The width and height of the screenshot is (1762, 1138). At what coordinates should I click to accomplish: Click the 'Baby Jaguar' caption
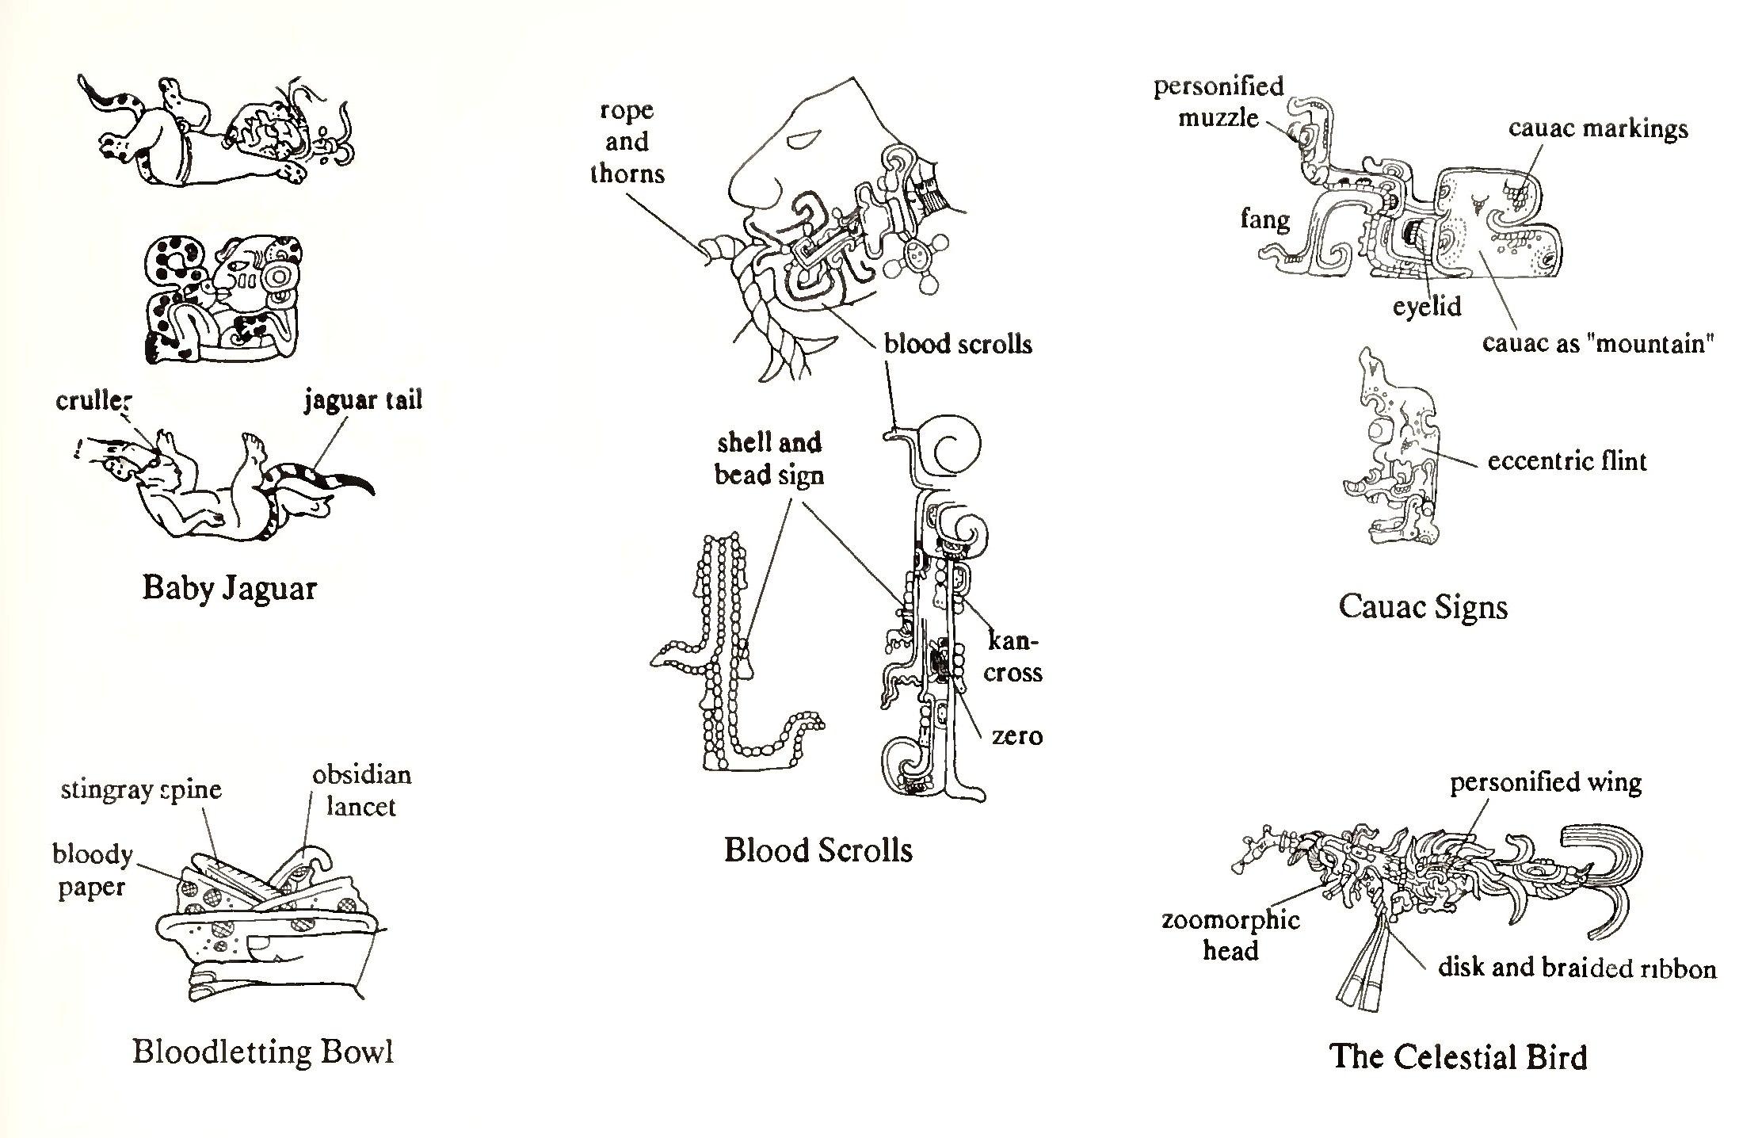pyautogui.click(x=230, y=589)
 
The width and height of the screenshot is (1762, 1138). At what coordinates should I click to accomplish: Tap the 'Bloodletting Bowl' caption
pyautogui.click(x=262, y=1052)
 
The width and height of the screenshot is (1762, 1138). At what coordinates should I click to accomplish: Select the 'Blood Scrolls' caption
pyautogui.click(x=818, y=850)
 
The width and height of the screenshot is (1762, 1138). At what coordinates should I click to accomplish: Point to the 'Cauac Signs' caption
pyautogui.click(x=1422, y=608)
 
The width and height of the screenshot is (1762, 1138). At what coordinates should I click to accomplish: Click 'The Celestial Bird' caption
pyautogui.click(x=1459, y=1057)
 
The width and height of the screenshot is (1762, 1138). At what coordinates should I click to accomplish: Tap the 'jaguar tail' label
pyautogui.click(x=363, y=401)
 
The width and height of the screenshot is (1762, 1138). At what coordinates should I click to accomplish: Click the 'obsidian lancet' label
pyautogui.click(x=361, y=790)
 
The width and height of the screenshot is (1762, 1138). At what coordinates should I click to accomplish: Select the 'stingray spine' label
pyautogui.click(x=141, y=789)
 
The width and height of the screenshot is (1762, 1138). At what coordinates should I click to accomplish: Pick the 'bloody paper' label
pyautogui.click(x=92, y=870)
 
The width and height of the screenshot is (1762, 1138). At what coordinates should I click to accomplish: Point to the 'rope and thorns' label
pyautogui.click(x=627, y=142)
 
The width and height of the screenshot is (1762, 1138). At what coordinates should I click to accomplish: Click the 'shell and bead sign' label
pyautogui.click(x=769, y=459)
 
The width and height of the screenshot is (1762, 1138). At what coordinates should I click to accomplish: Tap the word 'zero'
pyautogui.click(x=1017, y=736)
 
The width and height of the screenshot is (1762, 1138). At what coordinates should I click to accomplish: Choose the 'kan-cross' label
pyautogui.click(x=1013, y=657)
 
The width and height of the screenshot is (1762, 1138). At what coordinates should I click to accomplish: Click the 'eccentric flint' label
pyautogui.click(x=1566, y=461)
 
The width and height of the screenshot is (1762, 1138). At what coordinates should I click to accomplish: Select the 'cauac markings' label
pyautogui.click(x=1598, y=129)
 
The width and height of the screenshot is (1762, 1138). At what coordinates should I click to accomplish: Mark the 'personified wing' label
pyautogui.click(x=1546, y=783)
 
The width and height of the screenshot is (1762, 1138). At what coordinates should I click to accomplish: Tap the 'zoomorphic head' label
pyautogui.click(x=1230, y=935)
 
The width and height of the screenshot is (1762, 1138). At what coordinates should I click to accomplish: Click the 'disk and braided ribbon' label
pyautogui.click(x=1577, y=968)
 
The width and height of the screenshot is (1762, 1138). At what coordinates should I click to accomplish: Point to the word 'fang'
pyautogui.click(x=1264, y=219)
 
